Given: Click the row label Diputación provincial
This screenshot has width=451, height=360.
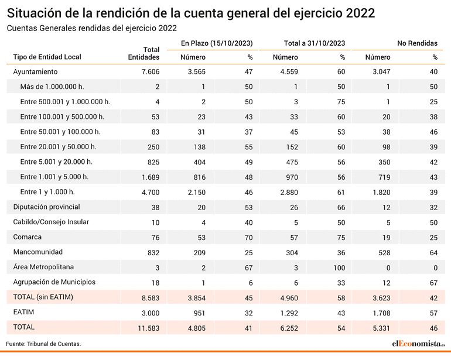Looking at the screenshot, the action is coord(47,207).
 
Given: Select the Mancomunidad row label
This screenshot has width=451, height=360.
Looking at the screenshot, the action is coord(38,252).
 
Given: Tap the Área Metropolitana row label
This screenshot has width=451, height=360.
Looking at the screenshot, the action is coord(43,267).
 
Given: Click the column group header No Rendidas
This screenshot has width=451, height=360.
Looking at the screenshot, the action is coord(418,43).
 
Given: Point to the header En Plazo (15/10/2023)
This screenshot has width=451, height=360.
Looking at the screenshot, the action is coord(217,43).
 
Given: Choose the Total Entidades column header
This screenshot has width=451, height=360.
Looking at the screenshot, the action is coord(144,53).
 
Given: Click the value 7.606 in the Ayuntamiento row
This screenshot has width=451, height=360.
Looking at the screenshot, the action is coord(151,72).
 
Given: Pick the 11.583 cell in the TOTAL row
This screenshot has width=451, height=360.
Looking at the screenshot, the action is coord(148,328).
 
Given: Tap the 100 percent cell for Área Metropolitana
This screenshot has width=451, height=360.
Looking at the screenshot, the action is coord(339,268).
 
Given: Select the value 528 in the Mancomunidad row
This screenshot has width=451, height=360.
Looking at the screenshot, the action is coord(384,253).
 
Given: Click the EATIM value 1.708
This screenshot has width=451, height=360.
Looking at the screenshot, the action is coord(381,313).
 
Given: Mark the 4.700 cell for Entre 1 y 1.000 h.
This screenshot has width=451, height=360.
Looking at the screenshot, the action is coord(151,193).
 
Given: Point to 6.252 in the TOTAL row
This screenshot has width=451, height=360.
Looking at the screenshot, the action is coord(289,328).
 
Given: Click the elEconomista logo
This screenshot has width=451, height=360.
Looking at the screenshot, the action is coord(419,344).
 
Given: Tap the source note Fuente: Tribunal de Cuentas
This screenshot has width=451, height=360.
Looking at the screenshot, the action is coord(43,344).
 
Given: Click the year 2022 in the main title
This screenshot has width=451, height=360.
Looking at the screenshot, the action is coord(360,13).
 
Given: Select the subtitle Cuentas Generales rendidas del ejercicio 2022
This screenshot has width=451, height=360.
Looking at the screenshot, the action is coord(92,28).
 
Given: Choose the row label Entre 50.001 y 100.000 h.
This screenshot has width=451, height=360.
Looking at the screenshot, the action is coord(60,132).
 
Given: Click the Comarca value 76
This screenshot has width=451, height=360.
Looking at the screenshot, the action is coord(155,238).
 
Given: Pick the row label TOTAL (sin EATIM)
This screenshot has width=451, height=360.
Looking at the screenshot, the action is coord(43,297).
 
